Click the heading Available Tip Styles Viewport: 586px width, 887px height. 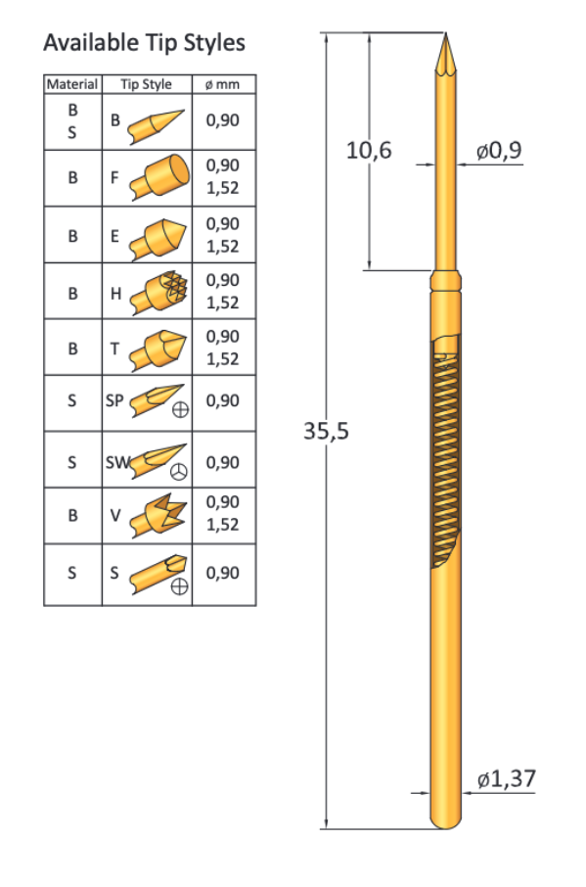(144, 43)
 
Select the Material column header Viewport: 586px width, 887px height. (72, 84)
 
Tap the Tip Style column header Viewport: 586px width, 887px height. (146, 84)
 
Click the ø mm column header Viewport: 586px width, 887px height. (222, 84)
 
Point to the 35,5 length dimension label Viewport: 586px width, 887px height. (325, 431)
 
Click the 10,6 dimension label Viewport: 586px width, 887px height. (369, 151)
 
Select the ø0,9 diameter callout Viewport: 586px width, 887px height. (499, 151)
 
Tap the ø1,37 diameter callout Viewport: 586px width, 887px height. (507, 779)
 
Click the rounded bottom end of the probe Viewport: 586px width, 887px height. (446, 820)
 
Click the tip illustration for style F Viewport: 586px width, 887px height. (161, 176)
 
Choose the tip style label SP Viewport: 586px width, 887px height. (115, 400)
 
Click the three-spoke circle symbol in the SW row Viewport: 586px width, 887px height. (179, 472)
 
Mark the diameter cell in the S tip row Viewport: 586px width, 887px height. (223, 573)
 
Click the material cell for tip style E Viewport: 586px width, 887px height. (72, 235)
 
